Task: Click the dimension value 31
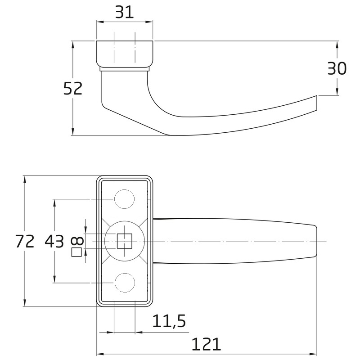pos(125,13)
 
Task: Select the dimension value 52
pos(73,89)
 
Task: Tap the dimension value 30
pos(337,69)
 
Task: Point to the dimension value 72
pos(25,241)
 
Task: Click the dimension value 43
pos(54,241)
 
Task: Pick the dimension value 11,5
pos(169,321)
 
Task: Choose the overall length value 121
pos(206,344)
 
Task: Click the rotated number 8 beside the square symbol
pos(77,241)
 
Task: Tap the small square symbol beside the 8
pos(76,252)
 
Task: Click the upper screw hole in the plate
pos(125,199)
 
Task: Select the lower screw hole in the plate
pos(125,283)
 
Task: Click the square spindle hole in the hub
pos(125,241)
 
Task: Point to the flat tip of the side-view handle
pos(317,103)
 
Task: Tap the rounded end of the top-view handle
pos(316,241)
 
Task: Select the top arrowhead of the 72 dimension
pos(25,179)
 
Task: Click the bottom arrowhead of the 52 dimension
pos(73,132)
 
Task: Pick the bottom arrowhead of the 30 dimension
pos(337,92)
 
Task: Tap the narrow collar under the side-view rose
pos(125,69)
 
